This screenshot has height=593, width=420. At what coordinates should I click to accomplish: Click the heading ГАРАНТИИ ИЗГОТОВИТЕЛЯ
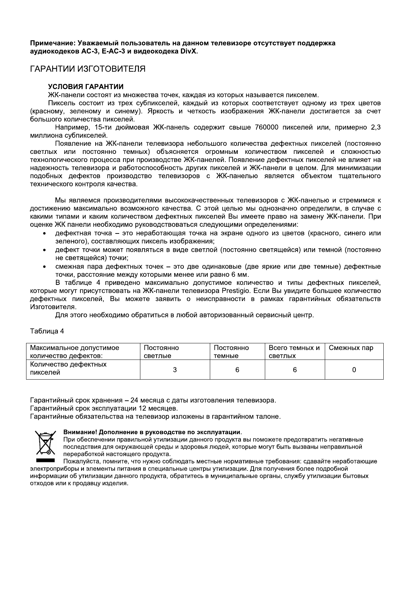tap(87, 69)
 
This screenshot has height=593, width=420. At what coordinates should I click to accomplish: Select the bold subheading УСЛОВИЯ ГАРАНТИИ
tap(86, 87)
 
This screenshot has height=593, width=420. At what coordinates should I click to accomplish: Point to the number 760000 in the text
tap(267, 127)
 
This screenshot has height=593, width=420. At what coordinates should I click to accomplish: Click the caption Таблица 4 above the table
tap(47, 331)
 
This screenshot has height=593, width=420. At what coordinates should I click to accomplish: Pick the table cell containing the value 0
tap(354, 369)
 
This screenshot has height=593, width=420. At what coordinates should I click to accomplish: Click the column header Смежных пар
tap(351, 348)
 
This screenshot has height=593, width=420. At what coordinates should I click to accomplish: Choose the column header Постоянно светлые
tap(162, 351)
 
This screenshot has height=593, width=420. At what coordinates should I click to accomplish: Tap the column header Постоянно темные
tap(231, 351)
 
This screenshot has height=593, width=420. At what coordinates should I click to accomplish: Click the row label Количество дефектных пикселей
tap(68, 368)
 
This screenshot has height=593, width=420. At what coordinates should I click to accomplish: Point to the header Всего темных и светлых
tap(294, 351)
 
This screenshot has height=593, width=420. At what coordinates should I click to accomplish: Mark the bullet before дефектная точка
tap(44, 234)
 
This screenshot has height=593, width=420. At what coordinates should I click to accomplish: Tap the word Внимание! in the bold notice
tap(79, 432)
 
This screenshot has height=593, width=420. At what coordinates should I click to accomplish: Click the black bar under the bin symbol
tap(45, 461)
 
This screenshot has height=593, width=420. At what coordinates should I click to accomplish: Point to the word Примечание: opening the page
tap(53, 43)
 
